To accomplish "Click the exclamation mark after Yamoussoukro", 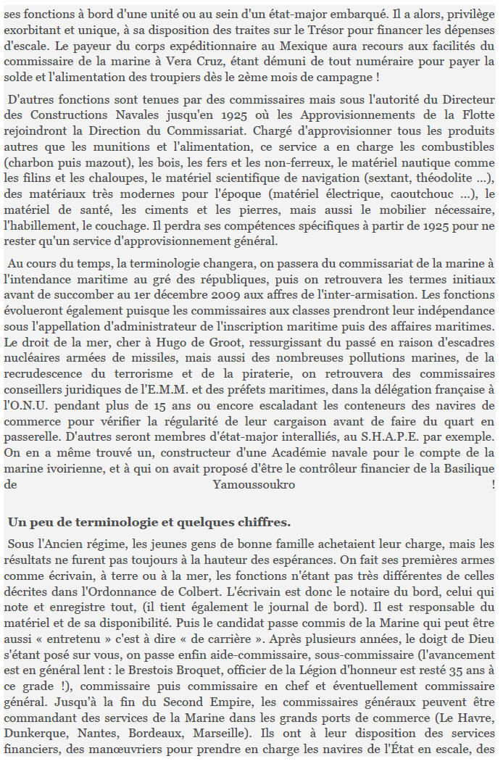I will pyautogui.click(x=493, y=485).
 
